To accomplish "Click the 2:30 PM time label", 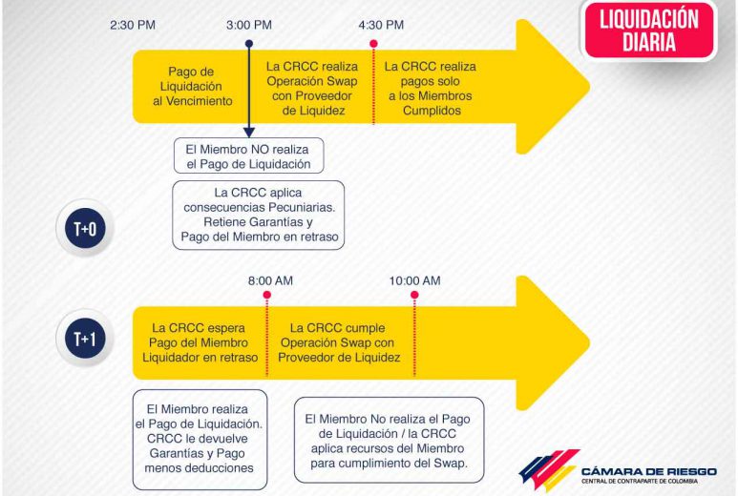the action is click(133, 25).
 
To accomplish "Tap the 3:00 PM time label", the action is click(249, 25).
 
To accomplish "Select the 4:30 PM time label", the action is click(381, 25).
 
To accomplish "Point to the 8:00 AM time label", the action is click(270, 280).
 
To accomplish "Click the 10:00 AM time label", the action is click(414, 280).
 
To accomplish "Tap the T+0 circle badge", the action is click(85, 229).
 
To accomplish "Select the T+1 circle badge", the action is click(85, 338).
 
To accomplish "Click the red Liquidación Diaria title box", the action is click(649, 31).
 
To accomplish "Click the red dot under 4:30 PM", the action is click(373, 44).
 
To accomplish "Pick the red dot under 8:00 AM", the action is click(267, 295).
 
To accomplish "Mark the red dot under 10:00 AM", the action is click(414, 295).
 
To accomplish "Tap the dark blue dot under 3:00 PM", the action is click(249, 44).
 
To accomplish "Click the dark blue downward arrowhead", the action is click(249, 133).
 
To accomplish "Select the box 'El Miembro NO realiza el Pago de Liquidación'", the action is click(248, 155).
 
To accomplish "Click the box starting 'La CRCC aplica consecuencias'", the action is click(259, 215).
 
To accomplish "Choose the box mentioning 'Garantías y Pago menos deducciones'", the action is click(200, 439).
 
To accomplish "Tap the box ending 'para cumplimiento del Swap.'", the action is click(389, 440).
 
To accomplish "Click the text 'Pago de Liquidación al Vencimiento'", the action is click(192, 86).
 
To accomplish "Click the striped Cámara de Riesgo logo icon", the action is click(549, 470).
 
